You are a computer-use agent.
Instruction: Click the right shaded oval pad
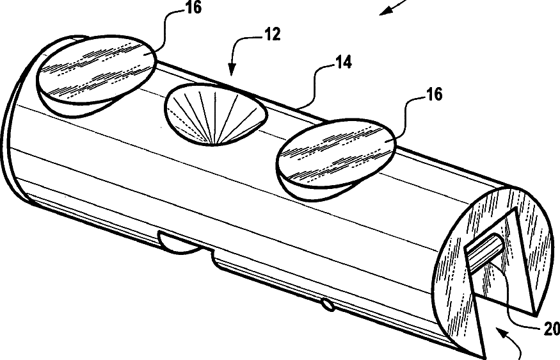(338, 154)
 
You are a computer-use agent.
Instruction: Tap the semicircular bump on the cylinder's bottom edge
(180, 243)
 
